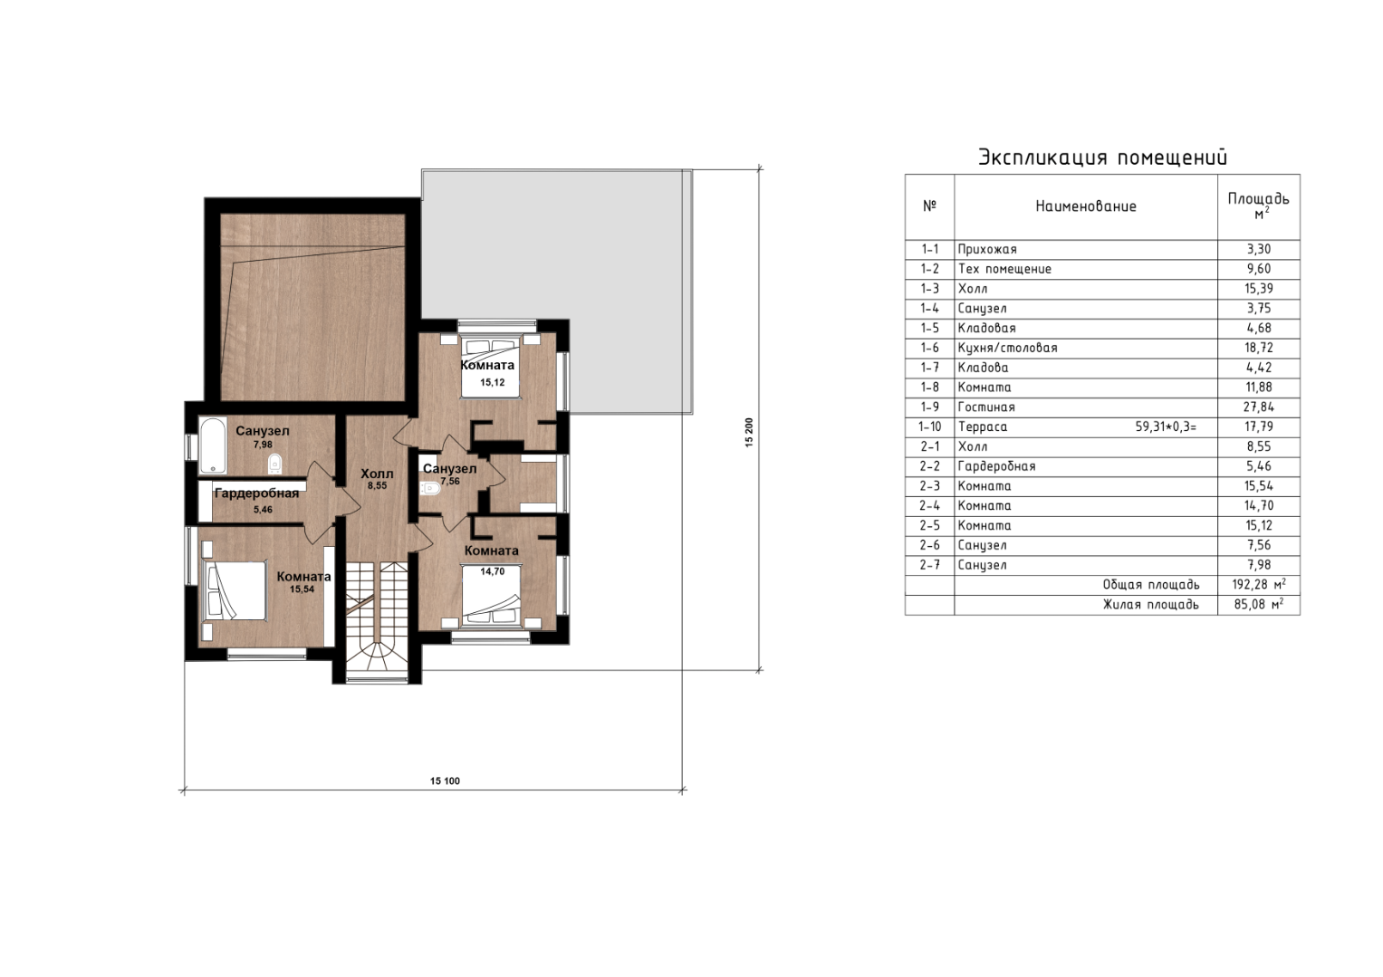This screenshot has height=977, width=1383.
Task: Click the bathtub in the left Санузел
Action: coord(212,445)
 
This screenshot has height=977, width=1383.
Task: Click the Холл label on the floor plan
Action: coord(377,474)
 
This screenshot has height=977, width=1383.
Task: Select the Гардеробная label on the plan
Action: coord(256,493)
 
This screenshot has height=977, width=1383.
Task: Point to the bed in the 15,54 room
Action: coord(234,590)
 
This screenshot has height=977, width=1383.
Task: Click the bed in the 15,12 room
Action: coord(491,367)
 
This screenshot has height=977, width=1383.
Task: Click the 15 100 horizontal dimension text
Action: coord(446,781)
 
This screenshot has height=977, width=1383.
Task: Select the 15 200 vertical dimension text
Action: coord(750,433)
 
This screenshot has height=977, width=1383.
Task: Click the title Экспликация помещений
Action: coord(1103,158)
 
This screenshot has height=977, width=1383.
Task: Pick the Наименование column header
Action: coord(1085,206)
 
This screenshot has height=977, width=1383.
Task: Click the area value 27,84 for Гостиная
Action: coord(1259,407)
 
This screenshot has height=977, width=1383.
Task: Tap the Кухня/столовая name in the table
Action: coord(1008,348)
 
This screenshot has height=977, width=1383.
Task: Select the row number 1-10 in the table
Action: coord(929,426)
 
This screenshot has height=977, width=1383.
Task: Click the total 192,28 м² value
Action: coord(1259,584)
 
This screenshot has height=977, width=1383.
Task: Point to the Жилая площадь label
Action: coord(1151,604)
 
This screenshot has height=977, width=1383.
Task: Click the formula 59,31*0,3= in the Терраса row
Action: coord(1166,426)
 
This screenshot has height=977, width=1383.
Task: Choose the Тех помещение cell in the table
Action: coord(1004,269)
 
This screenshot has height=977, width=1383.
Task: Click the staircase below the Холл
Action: coord(376,619)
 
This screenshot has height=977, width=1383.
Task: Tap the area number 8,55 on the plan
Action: coord(377,485)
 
